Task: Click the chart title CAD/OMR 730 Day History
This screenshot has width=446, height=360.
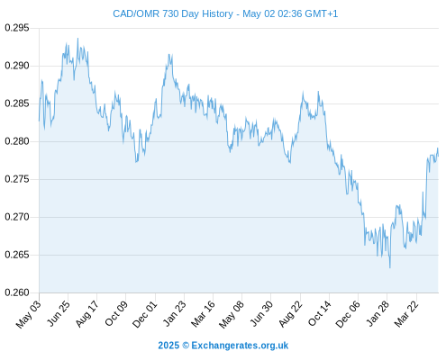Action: pos(173,13)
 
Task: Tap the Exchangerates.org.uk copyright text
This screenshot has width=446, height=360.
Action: pos(223,346)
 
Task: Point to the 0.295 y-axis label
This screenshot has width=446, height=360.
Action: pos(17,28)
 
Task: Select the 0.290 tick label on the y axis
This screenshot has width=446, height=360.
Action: pos(17,66)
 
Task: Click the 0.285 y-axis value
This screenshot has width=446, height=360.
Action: pos(17,103)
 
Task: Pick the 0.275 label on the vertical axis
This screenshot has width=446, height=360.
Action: pos(17,179)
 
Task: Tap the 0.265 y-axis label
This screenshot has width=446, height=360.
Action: pos(17,255)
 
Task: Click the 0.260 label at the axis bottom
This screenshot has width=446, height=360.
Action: pos(17,292)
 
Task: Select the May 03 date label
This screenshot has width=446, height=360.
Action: pos(29,314)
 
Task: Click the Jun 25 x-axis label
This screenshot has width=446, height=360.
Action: pos(59,313)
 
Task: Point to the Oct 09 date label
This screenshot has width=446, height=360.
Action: pos(116,313)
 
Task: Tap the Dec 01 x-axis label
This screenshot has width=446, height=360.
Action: pos(145,314)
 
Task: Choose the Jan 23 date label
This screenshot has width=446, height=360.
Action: pos(175,313)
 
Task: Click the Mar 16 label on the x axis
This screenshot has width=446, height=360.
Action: pos(203,313)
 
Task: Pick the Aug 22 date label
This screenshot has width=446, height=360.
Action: pos(290,313)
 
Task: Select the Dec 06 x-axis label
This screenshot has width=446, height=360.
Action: pos(348,314)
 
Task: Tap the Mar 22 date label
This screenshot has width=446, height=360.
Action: pos(406,313)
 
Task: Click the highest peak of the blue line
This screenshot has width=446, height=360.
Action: pos(77,39)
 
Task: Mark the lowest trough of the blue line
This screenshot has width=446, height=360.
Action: pos(390,267)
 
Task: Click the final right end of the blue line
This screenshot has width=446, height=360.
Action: pos(438,156)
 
